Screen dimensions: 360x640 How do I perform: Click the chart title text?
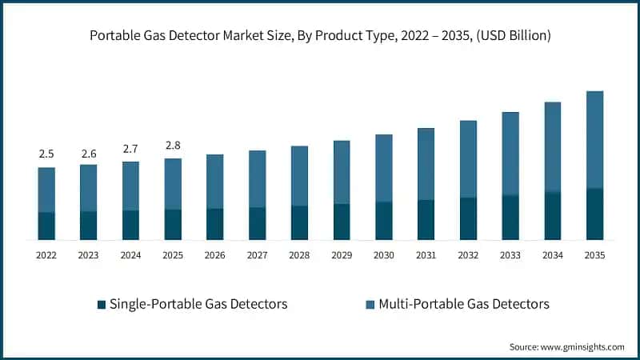click(320, 37)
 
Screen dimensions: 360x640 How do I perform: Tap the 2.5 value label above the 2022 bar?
click(46, 154)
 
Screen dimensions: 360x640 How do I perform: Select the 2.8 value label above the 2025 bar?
click(173, 145)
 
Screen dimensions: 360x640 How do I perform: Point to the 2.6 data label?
click(89, 152)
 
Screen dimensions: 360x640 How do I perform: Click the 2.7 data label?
click(130, 148)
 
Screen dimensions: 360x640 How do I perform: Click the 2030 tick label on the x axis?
click(384, 255)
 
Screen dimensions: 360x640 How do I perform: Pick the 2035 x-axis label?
click(594, 255)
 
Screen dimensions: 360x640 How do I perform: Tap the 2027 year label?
click(257, 255)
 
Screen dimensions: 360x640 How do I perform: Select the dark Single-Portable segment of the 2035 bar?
click(594, 214)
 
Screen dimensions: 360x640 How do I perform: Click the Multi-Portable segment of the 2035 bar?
click(594, 140)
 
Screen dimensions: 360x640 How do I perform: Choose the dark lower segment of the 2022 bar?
click(46, 226)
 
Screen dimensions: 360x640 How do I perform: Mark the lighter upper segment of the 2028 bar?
click(299, 176)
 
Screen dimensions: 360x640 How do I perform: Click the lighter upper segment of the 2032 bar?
click(468, 159)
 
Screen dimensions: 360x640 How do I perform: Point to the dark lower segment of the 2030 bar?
click(384, 221)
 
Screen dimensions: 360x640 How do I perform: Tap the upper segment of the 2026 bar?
click(215, 182)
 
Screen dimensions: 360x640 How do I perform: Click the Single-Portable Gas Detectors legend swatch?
click(101, 305)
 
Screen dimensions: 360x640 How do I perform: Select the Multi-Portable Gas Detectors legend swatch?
click(370, 305)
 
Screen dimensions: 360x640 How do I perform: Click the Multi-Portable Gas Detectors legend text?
click(463, 304)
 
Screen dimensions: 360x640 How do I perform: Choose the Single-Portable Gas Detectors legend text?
click(198, 304)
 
